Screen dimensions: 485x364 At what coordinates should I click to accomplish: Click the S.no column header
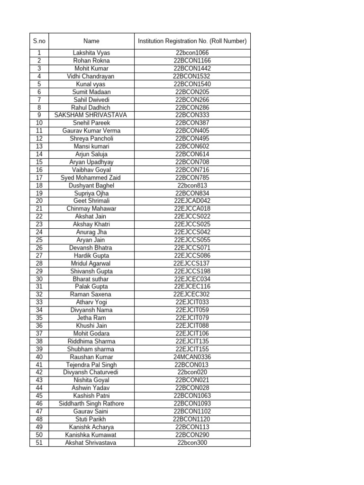[x=39, y=41]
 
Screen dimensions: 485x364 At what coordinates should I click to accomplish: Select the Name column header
[x=91, y=41]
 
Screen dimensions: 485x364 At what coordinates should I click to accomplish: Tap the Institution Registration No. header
[x=192, y=41]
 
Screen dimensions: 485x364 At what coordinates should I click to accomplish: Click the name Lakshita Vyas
[x=91, y=53]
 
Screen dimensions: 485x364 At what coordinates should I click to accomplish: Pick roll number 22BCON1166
[x=192, y=61]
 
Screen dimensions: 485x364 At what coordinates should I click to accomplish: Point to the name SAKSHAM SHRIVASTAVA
[x=91, y=115]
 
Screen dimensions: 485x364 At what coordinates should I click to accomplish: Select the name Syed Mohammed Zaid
[x=91, y=178]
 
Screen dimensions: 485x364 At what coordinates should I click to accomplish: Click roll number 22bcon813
[x=192, y=186]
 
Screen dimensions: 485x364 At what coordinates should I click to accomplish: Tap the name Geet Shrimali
[x=91, y=201]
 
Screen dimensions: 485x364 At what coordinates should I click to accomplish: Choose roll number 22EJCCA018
[x=192, y=209]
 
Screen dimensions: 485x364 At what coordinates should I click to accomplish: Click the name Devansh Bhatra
[x=91, y=248]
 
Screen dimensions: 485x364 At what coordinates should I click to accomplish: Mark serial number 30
[x=39, y=279]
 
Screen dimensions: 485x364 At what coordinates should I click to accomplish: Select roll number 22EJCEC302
[x=192, y=294]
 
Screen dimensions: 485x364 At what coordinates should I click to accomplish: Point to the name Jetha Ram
[x=91, y=318]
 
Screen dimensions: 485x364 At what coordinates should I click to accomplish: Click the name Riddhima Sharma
[x=91, y=341]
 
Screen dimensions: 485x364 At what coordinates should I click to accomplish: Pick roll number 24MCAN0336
[x=192, y=357]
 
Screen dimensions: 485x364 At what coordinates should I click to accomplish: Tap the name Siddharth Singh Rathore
[x=91, y=404]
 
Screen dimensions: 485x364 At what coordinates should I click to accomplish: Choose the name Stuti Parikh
[x=91, y=419]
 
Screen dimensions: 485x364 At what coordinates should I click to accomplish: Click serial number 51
[x=39, y=443]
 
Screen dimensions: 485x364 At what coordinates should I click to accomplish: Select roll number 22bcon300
[x=192, y=443]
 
